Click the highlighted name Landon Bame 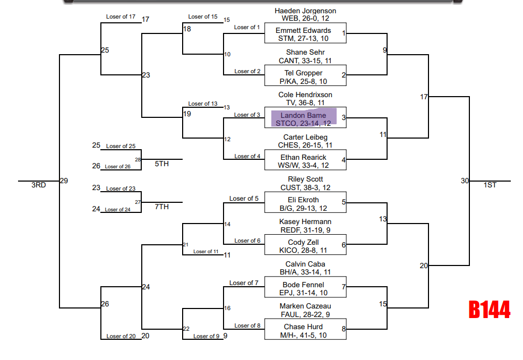(x=304, y=116)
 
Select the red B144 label (x=489, y=310)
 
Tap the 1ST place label (x=490, y=185)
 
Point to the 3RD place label (x=38, y=185)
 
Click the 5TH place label (x=161, y=164)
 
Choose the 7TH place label (x=161, y=207)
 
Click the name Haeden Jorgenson (x=305, y=11)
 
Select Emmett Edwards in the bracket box (x=303, y=31)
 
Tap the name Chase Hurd (x=303, y=327)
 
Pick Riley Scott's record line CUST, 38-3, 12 (x=305, y=187)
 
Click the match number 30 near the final (x=465, y=181)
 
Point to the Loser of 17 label (x=121, y=17)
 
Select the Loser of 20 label (x=121, y=336)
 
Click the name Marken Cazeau (x=305, y=306)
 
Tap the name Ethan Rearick (x=303, y=158)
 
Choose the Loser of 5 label (x=244, y=199)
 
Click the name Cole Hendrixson (x=305, y=95)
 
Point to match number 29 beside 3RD (x=64, y=181)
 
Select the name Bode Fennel (x=303, y=285)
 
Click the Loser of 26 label (x=117, y=167)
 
